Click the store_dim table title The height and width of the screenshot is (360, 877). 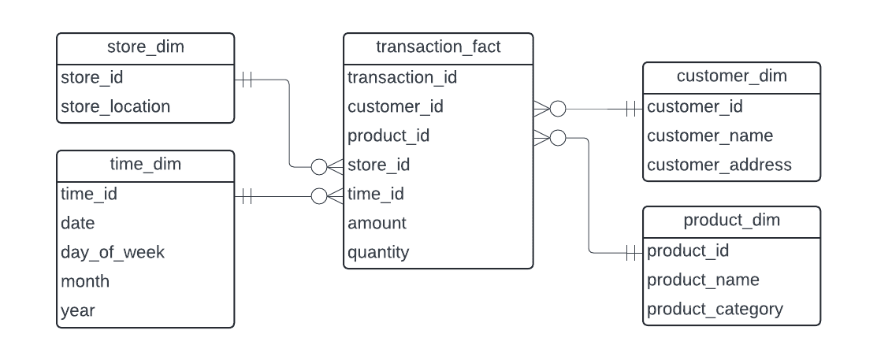click(x=145, y=47)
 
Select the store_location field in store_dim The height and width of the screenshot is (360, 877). click(x=115, y=106)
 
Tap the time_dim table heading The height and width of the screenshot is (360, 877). click(x=145, y=164)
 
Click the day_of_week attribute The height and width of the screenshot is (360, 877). click(x=113, y=252)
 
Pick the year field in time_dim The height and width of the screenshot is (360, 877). click(x=78, y=310)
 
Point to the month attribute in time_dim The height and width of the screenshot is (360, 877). click(x=85, y=281)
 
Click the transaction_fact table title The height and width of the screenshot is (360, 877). click(x=438, y=47)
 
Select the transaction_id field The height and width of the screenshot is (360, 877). click(x=402, y=77)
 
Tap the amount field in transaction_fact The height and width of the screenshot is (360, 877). click(x=377, y=223)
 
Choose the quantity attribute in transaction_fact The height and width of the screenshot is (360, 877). click(x=378, y=252)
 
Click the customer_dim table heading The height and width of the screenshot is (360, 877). click(x=731, y=76)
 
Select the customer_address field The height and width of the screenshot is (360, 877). click(x=719, y=165)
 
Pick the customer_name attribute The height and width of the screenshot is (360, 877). click(x=709, y=135)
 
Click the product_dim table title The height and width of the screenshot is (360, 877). click(x=731, y=220)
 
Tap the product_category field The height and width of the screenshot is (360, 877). click(x=715, y=309)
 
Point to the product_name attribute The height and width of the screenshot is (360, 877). click(x=703, y=280)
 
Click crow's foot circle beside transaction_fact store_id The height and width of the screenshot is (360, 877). click(x=319, y=166)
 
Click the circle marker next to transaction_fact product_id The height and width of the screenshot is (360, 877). click(x=558, y=138)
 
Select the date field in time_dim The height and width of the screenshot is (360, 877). click(x=78, y=223)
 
